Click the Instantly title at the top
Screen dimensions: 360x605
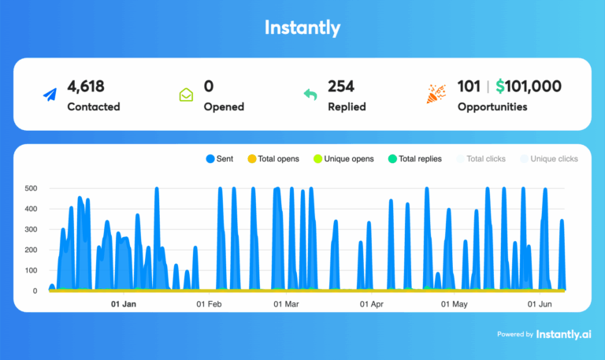pyautogui.click(x=302, y=28)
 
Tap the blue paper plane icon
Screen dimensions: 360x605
pyautogui.click(x=50, y=95)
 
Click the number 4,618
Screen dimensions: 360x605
pyautogui.click(x=86, y=87)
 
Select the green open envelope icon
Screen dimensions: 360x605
pyautogui.click(x=186, y=95)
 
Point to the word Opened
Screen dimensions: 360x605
pyautogui.click(x=224, y=106)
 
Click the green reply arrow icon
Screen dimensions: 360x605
pyautogui.click(x=310, y=95)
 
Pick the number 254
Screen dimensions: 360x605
pyautogui.click(x=342, y=87)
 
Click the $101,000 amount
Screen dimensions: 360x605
pyautogui.click(x=528, y=87)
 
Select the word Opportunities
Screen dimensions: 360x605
pyautogui.click(x=492, y=106)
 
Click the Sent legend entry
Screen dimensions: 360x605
pyautogui.click(x=220, y=159)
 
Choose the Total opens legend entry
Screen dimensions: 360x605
pyautogui.click(x=273, y=159)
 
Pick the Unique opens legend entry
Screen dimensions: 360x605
pyautogui.click(x=343, y=159)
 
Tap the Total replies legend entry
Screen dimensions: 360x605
pyautogui.click(x=415, y=159)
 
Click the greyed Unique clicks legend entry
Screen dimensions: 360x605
pyautogui.click(x=549, y=159)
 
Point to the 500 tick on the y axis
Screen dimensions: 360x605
pyautogui.click(x=32, y=189)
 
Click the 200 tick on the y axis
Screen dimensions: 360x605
pyautogui.click(x=32, y=251)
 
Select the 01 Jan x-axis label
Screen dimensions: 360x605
pyautogui.click(x=124, y=303)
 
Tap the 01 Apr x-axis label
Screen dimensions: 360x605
pyautogui.click(x=371, y=303)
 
